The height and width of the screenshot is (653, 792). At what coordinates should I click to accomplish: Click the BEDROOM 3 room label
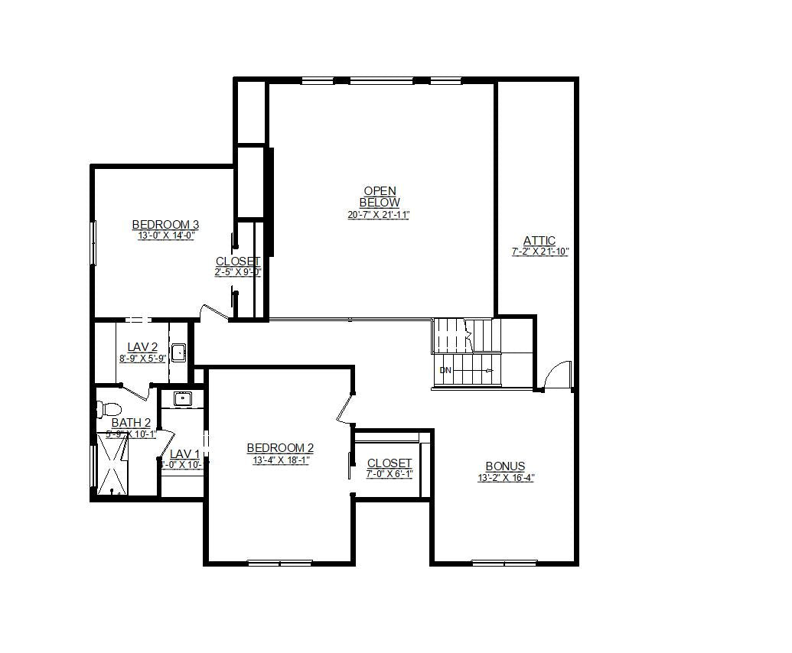coord(165,224)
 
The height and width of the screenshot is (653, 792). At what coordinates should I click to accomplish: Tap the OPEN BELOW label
coord(380,197)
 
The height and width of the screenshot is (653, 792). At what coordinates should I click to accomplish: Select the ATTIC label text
coord(539,240)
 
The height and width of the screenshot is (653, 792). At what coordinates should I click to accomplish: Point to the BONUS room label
coord(505,466)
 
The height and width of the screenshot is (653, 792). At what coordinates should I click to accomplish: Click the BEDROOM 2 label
coord(280,448)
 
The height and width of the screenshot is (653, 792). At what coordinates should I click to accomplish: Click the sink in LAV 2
coord(178,352)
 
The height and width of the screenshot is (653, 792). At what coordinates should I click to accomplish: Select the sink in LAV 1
coord(182,398)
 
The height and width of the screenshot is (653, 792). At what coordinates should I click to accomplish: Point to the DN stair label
coord(445,371)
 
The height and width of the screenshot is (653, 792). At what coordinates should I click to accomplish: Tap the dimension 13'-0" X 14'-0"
coord(166,236)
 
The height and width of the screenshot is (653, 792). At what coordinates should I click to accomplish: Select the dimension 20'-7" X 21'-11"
coord(379,215)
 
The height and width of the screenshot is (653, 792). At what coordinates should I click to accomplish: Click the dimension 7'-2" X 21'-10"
coord(540,252)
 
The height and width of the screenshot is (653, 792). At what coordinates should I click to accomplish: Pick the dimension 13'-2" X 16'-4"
coord(505,478)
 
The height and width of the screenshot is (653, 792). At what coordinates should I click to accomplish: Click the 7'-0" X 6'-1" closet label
coord(389,473)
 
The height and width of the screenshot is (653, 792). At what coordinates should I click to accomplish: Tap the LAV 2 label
coord(142,347)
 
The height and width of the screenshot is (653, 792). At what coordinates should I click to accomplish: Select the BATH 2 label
coord(131,422)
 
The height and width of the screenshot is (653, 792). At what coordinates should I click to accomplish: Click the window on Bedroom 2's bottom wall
coord(279,564)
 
